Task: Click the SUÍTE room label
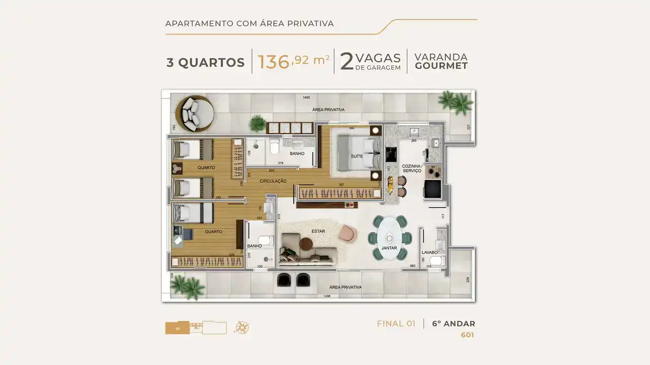pos(356,156)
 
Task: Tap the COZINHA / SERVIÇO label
pos(411,168)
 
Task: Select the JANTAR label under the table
pos(389,248)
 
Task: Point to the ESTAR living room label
pos(318,231)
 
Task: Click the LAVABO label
pos(430,252)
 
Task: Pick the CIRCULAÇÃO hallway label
pos(273,181)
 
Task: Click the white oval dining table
pos(389,237)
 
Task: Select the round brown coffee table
pos(307,244)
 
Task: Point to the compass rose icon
pos(242,327)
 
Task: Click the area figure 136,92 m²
pos(294,61)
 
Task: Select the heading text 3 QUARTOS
pos(206,63)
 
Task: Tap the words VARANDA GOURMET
pos(441,61)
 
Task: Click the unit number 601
pos(467,335)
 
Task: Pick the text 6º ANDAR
pos(453,324)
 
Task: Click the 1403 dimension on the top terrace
pos(306,97)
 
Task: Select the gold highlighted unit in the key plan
pos(177,328)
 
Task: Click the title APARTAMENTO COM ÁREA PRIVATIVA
pos(249,23)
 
